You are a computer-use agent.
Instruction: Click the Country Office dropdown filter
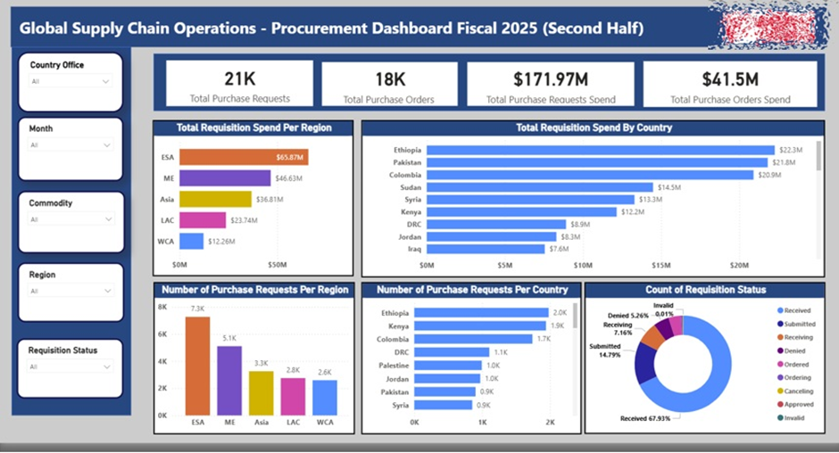[x=70, y=81]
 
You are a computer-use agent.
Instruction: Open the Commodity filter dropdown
[x=70, y=219]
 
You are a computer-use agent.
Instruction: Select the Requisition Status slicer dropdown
[x=70, y=367]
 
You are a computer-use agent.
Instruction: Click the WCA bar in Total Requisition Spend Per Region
[x=191, y=241]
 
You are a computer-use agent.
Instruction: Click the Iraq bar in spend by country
[x=486, y=249]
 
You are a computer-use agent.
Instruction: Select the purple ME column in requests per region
[x=229, y=380]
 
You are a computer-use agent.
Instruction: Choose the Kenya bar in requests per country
[x=479, y=326]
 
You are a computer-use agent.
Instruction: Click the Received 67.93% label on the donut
[x=645, y=417]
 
